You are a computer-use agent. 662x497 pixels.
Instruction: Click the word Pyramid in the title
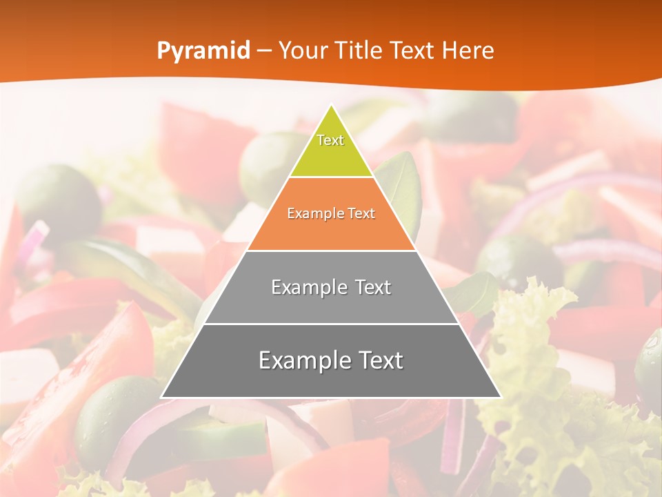[203, 50]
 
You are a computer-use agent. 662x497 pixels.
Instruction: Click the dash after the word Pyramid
[264, 51]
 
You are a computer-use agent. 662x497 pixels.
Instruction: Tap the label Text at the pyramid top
[330, 140]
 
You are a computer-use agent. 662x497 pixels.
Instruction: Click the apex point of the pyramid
[331, 106]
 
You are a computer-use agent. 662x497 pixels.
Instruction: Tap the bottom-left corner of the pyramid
[162, 397]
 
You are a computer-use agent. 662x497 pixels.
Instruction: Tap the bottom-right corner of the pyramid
[500, 397]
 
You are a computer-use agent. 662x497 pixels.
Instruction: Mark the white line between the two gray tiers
[331, 324]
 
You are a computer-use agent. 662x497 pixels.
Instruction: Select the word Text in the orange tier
[359, 214]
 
